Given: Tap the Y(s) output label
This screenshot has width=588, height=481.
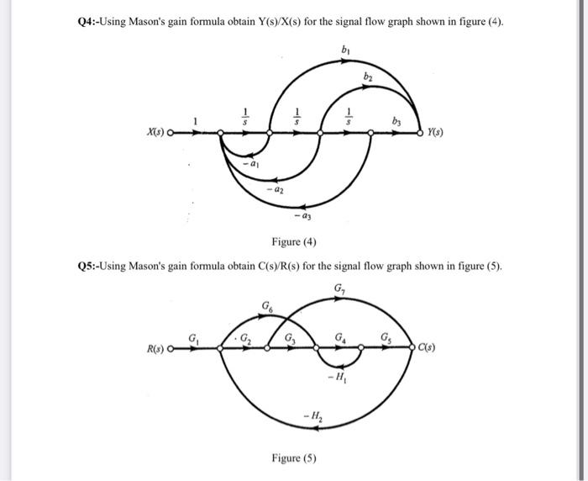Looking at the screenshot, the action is [x=434, y=133].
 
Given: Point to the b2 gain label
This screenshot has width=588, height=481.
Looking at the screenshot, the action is [x=368, y=77].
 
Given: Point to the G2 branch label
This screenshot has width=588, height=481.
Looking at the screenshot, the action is [x=246, y=339].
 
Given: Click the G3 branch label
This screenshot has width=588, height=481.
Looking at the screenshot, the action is [x=290, y=339].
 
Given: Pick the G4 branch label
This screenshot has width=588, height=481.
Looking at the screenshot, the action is [x=339, y=338].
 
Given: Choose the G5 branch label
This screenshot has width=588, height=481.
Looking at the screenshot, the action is [x=387, y=337].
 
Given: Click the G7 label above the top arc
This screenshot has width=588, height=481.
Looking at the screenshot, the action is [x=339, y=290].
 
